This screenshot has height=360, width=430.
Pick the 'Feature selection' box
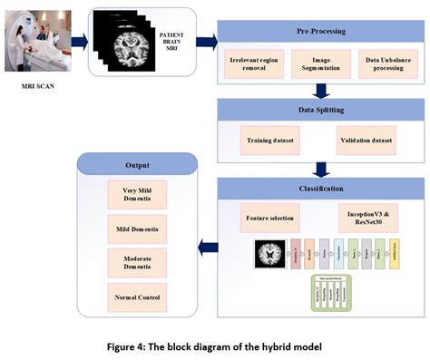pyautogui.click(x=269, y=219)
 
